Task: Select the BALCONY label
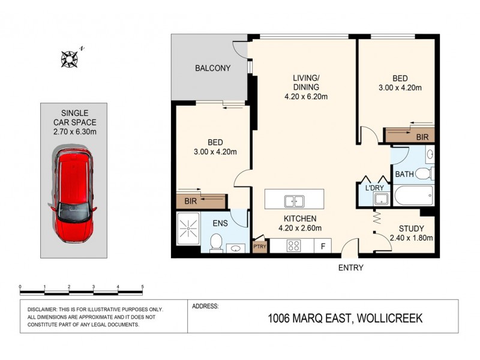(212, 68)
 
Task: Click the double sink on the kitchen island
(294, 200)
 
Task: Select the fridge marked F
(323, 245)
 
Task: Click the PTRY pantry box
(260, 246)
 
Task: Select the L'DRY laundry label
(376, 188)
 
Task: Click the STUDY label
(411, 229)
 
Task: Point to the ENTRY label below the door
(350, 268)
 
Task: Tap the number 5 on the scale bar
(142, 286)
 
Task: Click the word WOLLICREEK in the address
(390, 319)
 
